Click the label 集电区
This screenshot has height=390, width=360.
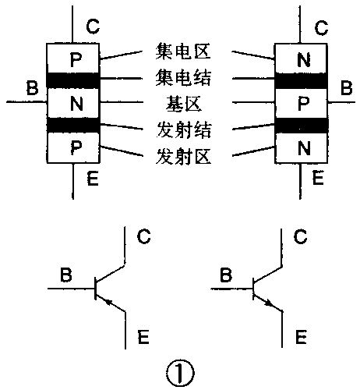[180, 53]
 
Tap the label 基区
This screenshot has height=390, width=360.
[180, 102]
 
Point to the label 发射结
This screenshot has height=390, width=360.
[180, 126]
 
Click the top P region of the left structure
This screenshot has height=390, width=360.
[74, 58]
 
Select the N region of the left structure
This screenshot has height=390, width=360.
[74, 102]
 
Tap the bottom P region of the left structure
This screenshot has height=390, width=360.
[74, 147]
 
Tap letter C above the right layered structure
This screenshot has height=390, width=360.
[320, 29]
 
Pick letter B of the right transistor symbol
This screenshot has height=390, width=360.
[227, 275]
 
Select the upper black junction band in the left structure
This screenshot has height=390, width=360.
[74, 80]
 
